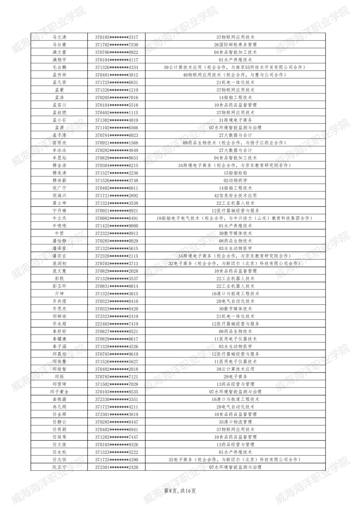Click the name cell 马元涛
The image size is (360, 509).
point(59,37)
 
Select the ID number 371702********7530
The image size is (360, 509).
point(116,45)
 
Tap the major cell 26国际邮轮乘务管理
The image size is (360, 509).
point(235,45)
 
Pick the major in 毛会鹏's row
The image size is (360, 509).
point(235,67)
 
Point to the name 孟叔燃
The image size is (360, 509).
point(59,113)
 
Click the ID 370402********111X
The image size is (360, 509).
point(116,113)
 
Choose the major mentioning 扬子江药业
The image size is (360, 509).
point(235,143)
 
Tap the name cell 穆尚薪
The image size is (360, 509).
point(59,180)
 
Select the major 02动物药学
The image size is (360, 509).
point(235,180)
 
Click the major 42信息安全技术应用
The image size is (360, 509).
point(235,196)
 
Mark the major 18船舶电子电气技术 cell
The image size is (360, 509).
point(235,218)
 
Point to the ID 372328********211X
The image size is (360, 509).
point(116,256)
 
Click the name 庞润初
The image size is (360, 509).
point(59,263)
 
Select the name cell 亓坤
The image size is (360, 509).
point(59,294)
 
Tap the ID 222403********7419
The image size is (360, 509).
point(116,324)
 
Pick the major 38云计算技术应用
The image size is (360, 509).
point(235,369)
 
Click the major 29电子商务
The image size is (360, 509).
point(235,377)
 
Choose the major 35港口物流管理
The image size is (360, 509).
point(235,422)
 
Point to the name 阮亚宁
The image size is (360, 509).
point(59,467)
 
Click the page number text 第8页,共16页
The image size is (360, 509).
point(180,491)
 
